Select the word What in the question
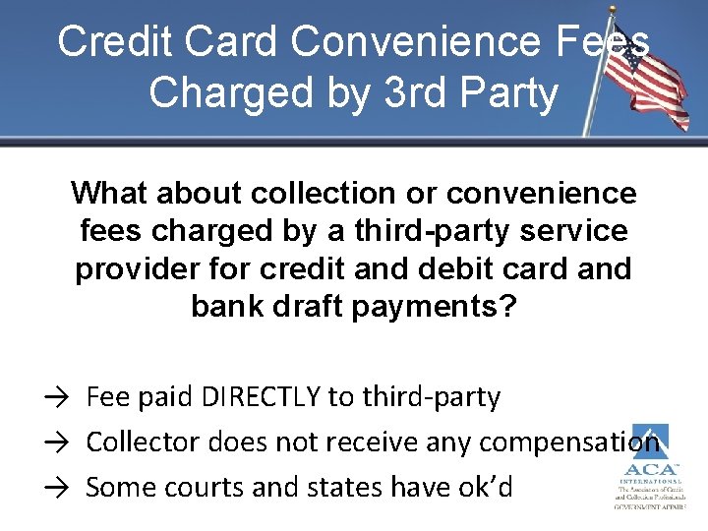tap(108, 193)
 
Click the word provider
tap(134, 269)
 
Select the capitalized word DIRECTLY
tap(261, 397)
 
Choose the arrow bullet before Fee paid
tap(55, 398)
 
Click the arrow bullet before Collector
tap(55, 443)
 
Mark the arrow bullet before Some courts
tap(55, 488)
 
